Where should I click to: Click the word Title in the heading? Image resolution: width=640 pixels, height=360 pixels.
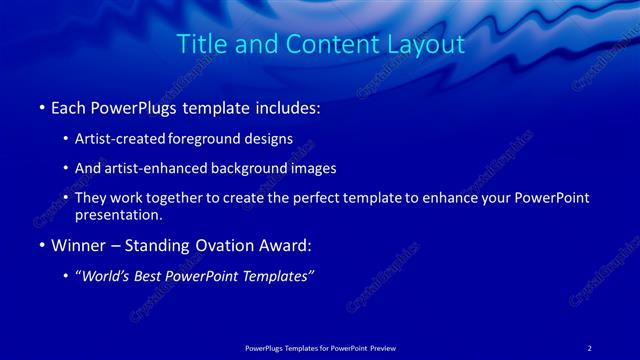pos(198,45)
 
